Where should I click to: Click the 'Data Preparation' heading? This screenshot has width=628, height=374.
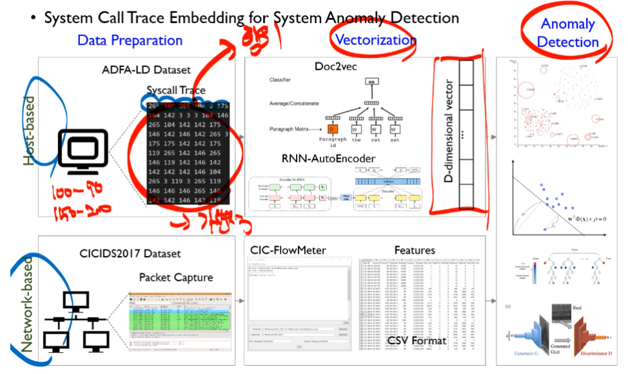coord(130,41)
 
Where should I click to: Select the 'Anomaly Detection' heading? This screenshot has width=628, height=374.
coord(567,34)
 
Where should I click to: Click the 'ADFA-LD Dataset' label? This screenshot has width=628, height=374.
coord(140,70)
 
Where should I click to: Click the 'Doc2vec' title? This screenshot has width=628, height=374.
coord(336,67)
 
